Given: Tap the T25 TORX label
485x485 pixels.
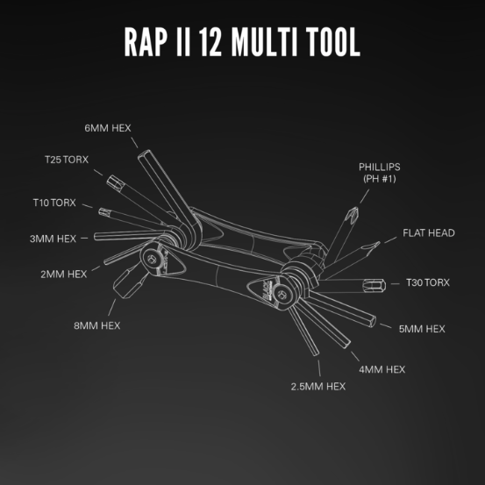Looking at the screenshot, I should pyautogui.click(x=67, y=160).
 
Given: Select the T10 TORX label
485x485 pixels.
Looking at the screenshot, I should pyautogui.click(x=54, y=203).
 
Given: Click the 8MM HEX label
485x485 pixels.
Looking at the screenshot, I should pyautogui.click(x=97, y=325).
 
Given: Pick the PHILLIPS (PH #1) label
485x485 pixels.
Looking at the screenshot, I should pyautogui.click(x=379, y=172).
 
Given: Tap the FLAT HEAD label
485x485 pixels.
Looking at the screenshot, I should pyautogui.click(x=428, y=233).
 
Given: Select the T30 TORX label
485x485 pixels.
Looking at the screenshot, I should pyautogui.click(x=427, y=282).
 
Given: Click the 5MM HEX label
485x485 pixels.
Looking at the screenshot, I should pyautogui.click(x=422, y=329).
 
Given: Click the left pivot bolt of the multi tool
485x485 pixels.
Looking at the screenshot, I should pyautogui.click(x=156, y=259).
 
